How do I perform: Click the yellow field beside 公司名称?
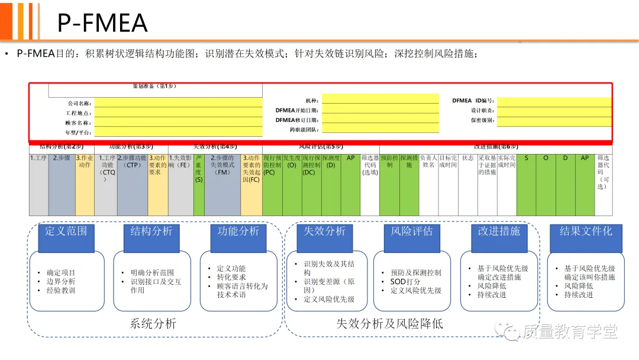pos(177,103)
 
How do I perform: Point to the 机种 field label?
pos(311,101)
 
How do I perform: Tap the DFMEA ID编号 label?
pos(473,101)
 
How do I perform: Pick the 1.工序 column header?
pos(38,158)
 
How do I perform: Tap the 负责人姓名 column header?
pos(429,162)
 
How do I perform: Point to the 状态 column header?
pos(467,158)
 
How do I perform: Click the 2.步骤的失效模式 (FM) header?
pos(222,165)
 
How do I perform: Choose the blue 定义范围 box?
pos(66,231)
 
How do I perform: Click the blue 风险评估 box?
pos(412,231)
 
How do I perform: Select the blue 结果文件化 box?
pos(586,231)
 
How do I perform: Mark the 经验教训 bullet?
pos(61,290)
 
